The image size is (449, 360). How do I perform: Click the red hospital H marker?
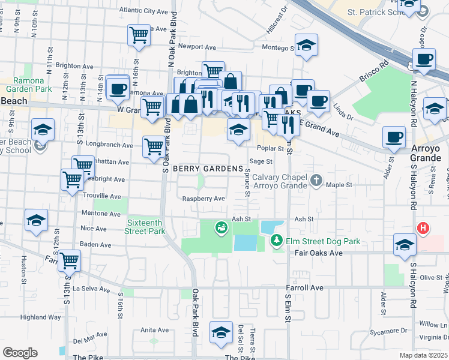click(423, 228)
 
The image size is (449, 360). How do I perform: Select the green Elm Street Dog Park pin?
click(277, 241)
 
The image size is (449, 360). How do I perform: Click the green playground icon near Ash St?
click(221, 227)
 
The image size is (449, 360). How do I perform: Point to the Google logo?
click(20, 352)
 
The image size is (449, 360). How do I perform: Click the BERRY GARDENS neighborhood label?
click(208, 169)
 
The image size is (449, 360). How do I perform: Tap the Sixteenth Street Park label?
click(145, 226)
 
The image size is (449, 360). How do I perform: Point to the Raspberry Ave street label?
click(204, 199)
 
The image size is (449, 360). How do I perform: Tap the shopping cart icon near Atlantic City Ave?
click(139, 35)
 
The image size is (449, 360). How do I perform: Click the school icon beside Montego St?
click(307, 45)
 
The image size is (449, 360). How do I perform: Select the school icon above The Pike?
click(221, 332)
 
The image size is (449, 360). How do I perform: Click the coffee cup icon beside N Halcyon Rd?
click(424, 59)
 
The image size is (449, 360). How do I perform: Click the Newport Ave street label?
click(197, 46)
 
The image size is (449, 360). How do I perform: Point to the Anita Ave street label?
click(154, 330)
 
